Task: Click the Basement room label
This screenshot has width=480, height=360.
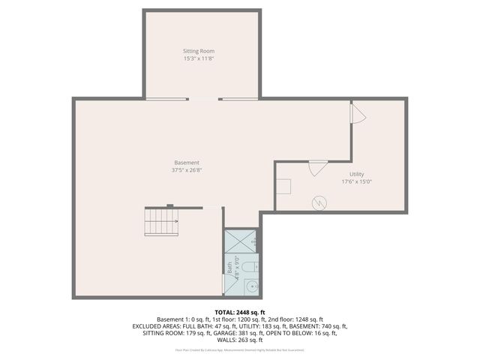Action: (187, 163)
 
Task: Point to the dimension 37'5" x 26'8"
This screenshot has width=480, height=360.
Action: (187, 170)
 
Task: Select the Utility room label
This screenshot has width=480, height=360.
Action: (356, 173)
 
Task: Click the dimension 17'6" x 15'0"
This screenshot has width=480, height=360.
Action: (356, 181)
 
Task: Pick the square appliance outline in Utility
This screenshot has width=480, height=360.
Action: (284, 187)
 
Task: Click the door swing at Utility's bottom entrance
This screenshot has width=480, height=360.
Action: (318, 167)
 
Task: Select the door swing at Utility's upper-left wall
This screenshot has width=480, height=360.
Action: (358, 113)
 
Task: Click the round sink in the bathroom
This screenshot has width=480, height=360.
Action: (253, 286)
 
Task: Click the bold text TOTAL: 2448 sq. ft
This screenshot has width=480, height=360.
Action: (240, 311)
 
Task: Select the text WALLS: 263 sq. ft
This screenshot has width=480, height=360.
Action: (240, 340)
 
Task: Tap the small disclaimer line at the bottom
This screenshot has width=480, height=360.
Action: (240, 349)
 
